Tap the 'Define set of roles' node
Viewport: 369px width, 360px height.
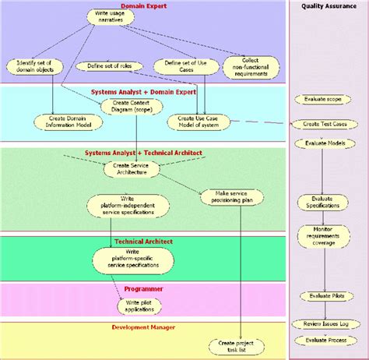(108, 66)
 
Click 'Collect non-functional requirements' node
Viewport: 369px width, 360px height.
(251, 66)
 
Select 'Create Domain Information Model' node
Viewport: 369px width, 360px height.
(63, 122)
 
